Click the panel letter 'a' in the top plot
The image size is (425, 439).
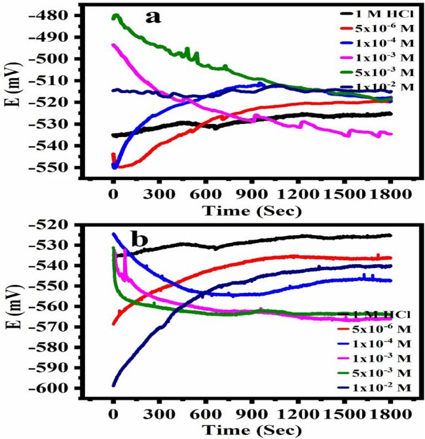[x=153, y=17]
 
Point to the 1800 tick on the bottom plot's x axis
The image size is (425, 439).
[x=391, y=415]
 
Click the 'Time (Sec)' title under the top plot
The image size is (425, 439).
[x=251, y=211]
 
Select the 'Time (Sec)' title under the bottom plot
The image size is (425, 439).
[x=251, y=430]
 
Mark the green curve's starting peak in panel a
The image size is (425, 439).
[x=117, y=15]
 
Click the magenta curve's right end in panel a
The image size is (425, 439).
[x=390, y=134]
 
